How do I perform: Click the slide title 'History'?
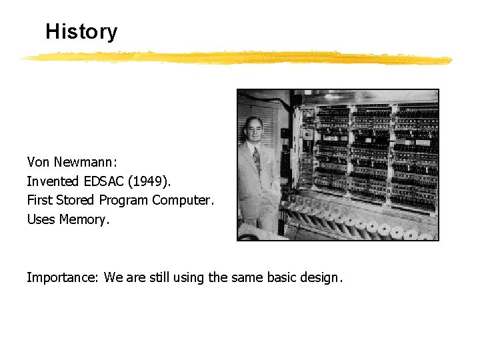click(x=81, y=32)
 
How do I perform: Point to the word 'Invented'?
click(x=53, y=181)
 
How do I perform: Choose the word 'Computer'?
click(x=183, y=200)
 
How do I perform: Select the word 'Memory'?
click(x=83, y=219)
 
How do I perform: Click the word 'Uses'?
click(x=41, y=219)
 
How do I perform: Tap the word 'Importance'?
click(x=63, y=278)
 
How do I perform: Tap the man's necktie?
click(x=257, y=161)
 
